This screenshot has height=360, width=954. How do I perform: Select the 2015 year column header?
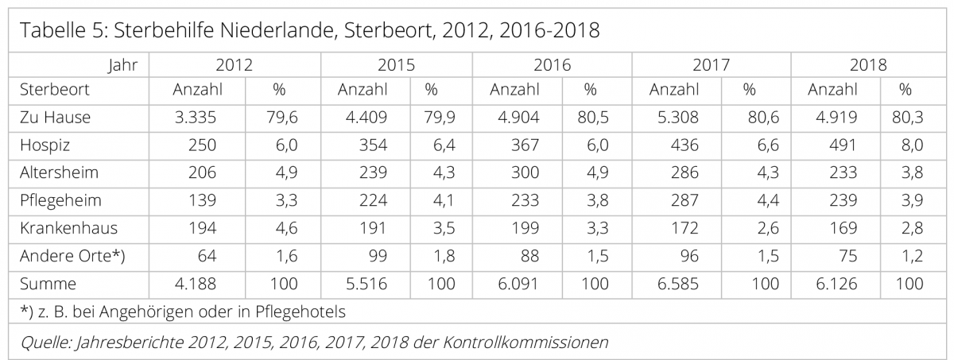(x=396, y=65)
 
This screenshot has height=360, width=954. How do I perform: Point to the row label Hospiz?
(x=45, y=145)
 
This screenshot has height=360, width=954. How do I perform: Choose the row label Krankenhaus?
(x=68, y=228)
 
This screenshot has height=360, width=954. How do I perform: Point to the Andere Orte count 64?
(x=208, y=256)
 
